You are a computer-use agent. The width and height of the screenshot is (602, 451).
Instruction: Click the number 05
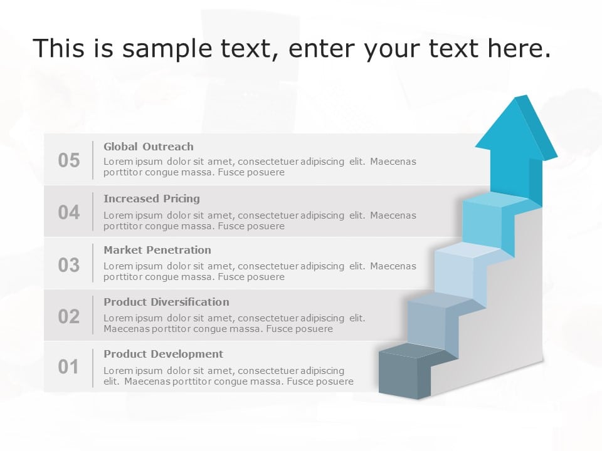69,160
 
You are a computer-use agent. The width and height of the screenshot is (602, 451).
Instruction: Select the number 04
69,212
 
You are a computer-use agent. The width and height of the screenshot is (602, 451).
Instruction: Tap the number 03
69,265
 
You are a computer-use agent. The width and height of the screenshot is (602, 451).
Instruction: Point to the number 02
69,316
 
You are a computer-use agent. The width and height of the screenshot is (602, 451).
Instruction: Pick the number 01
69,366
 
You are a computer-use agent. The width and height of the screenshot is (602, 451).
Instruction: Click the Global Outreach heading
149,147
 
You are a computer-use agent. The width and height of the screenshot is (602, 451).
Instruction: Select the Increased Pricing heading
152,199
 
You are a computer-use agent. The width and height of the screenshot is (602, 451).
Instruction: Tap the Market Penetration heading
157,250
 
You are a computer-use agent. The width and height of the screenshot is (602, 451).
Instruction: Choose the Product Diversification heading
166,302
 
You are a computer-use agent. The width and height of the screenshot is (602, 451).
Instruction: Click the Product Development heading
163,354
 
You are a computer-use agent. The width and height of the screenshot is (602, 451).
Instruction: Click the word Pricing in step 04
181,199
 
